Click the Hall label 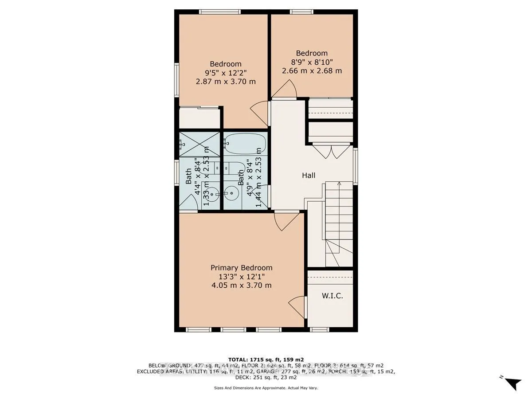(x=309, y=176)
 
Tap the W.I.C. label (x=332, y=296)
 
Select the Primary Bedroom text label (x=241, y=268)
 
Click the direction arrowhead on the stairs (x=339, y=183)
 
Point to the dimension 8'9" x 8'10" (x=312, y=62)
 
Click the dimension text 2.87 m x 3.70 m (x=226, y=82)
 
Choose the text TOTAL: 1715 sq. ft (x=266, y=359)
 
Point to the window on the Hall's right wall (x=356, y=165)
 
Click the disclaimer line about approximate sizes (x=266, y=388)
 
